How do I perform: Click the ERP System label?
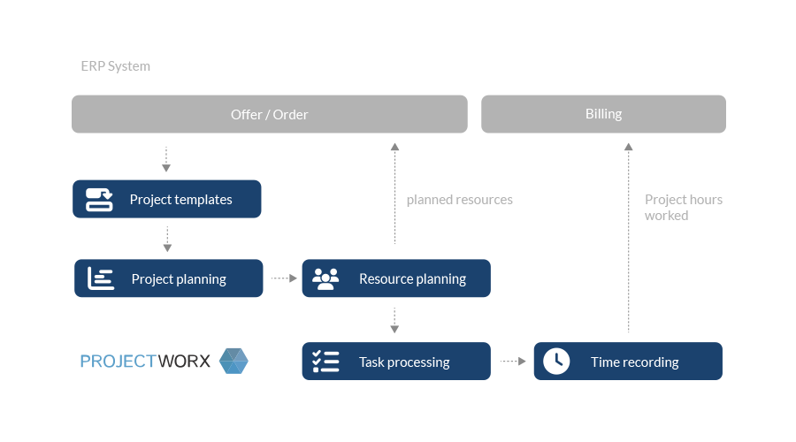115,66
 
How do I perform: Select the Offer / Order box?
270,114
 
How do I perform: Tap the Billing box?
603,114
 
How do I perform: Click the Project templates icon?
99,200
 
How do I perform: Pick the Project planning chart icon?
101,278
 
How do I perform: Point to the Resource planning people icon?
325,278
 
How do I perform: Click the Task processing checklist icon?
325,362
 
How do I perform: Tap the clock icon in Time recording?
556,362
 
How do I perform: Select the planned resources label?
459,200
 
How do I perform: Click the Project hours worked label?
684,208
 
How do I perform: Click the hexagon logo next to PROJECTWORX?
233,361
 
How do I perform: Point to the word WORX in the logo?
184,362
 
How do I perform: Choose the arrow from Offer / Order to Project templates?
166,159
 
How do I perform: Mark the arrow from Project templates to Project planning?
167,240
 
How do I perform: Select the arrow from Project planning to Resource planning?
284,278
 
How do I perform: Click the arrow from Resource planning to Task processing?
394,320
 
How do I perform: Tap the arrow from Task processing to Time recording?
513,362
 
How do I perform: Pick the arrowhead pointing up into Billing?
629,147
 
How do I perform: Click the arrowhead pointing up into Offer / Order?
395,147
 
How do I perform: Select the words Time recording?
634,362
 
